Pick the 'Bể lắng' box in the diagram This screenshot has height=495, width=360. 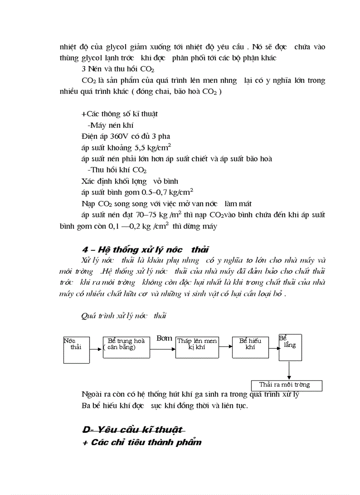pos(290,347)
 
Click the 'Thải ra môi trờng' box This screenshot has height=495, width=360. pos(286,385)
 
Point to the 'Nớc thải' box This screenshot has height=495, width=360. pos(76,350)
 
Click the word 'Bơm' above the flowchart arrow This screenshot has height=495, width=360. pos(164,339)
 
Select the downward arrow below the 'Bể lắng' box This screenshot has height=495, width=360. pos(289,370)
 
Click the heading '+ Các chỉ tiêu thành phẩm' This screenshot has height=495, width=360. pos(142,442)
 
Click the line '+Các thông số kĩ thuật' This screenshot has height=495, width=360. pos(120,114)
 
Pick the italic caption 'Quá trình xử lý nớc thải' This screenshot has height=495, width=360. pos(124,316)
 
